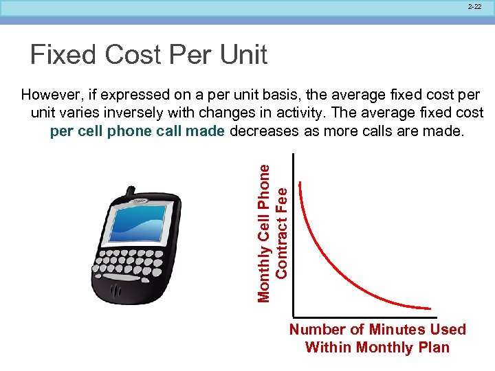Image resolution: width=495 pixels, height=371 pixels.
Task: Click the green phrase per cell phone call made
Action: click(137, 131)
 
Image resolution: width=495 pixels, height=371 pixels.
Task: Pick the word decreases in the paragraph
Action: click(264, 131)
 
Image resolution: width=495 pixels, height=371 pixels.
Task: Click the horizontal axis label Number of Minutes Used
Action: click(377, 330)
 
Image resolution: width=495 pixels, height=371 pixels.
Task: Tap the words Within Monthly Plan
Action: click(377, 347)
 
